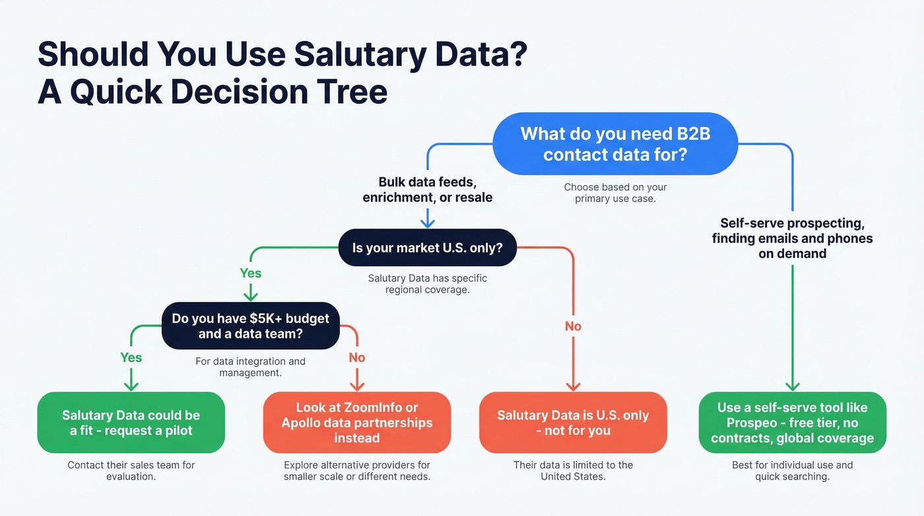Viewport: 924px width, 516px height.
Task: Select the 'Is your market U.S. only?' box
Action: click(x=427, y=248)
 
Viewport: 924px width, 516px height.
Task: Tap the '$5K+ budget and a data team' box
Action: click(x=250, y=326)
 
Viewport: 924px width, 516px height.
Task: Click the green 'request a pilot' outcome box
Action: click(x=131, y=423)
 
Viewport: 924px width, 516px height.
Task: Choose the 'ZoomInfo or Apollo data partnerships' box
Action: click(x=356, y=423)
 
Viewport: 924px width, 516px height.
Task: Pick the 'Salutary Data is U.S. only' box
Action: click(x=572, y=423)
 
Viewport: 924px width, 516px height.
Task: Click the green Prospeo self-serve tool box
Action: click(x=792, y=423)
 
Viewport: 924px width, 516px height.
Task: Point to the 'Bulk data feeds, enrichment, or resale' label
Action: click(x=427, y=190)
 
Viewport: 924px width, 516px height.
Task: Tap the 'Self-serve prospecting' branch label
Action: click(x=792, y=238)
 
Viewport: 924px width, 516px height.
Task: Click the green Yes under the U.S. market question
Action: click(x=250, y=273)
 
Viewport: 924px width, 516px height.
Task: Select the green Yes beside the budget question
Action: click(x=131, y=357)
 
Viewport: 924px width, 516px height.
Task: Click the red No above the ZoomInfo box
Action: click(x=357, y=357)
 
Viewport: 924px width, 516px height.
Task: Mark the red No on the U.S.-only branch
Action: click(x=573, y=326)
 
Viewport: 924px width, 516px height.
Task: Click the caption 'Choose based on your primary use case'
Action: click(x=615, y=193)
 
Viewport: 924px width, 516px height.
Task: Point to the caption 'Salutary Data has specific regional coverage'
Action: click(x=427, y=284)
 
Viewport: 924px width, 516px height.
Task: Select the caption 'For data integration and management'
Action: click(x=250, y=367)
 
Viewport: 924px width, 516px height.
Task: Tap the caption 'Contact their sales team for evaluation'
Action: click(x=131, y=470)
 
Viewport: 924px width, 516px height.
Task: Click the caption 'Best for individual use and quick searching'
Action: click(x=792, y=470)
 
